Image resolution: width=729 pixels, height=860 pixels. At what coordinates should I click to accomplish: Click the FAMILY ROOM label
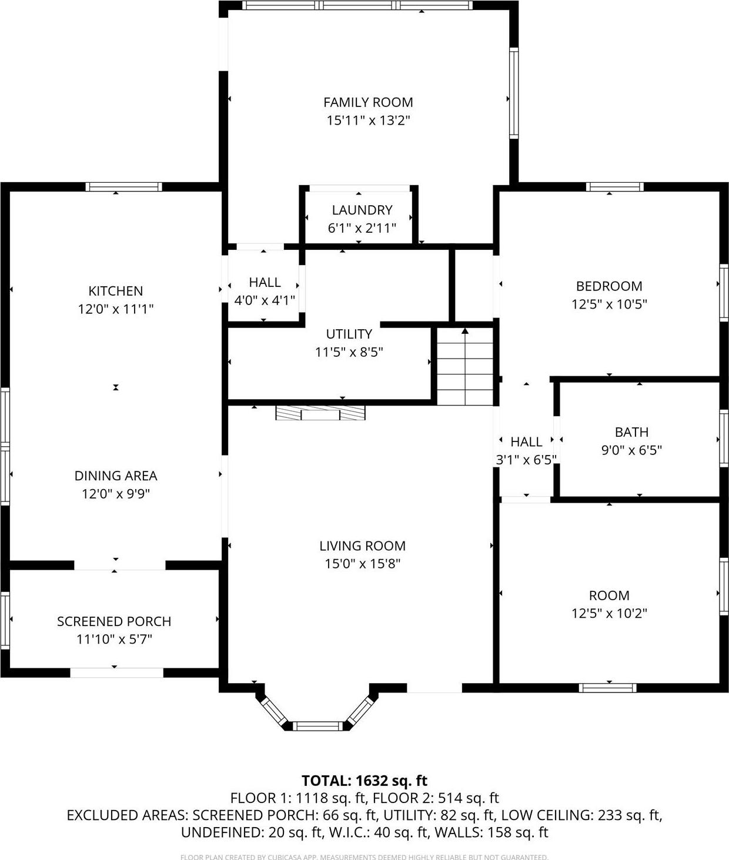pos(368,102)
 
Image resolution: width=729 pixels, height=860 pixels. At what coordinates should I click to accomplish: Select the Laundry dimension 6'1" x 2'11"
pos(362,228)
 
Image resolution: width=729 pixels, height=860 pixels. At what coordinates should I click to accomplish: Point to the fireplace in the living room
pos(320,413)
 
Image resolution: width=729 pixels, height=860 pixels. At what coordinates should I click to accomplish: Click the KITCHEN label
pos(116,291)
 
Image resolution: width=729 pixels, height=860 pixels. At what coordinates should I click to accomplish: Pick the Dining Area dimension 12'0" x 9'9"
pos(116,494)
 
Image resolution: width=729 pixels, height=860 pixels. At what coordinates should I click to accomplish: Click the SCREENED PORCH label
pos(114,621)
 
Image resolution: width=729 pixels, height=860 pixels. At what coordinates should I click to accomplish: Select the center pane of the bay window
pos(316,726)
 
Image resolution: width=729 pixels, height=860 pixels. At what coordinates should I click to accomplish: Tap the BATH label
pos(631,432)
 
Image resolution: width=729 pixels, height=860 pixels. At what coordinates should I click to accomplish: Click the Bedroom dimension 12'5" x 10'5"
pos(609,304)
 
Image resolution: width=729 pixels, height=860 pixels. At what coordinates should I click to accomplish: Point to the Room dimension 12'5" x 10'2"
pos(609,613)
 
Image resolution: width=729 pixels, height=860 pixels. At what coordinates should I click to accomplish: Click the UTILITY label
pos(349,334)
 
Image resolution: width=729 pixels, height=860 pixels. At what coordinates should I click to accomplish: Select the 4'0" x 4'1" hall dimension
pos(265,300)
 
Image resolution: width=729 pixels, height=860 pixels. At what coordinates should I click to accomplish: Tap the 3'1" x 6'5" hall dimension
pos(526,460)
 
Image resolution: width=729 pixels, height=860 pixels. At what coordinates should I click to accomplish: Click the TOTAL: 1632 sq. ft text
pos(364,781)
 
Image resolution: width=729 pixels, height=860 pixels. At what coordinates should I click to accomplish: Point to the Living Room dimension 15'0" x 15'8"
pos(362,564)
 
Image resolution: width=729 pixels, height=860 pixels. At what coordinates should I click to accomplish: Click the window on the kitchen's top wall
pos(123,187)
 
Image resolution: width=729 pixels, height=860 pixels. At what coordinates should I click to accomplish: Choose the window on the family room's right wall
pos(514,93)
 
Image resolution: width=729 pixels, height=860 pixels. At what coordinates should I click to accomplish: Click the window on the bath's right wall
pos(724,439)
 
